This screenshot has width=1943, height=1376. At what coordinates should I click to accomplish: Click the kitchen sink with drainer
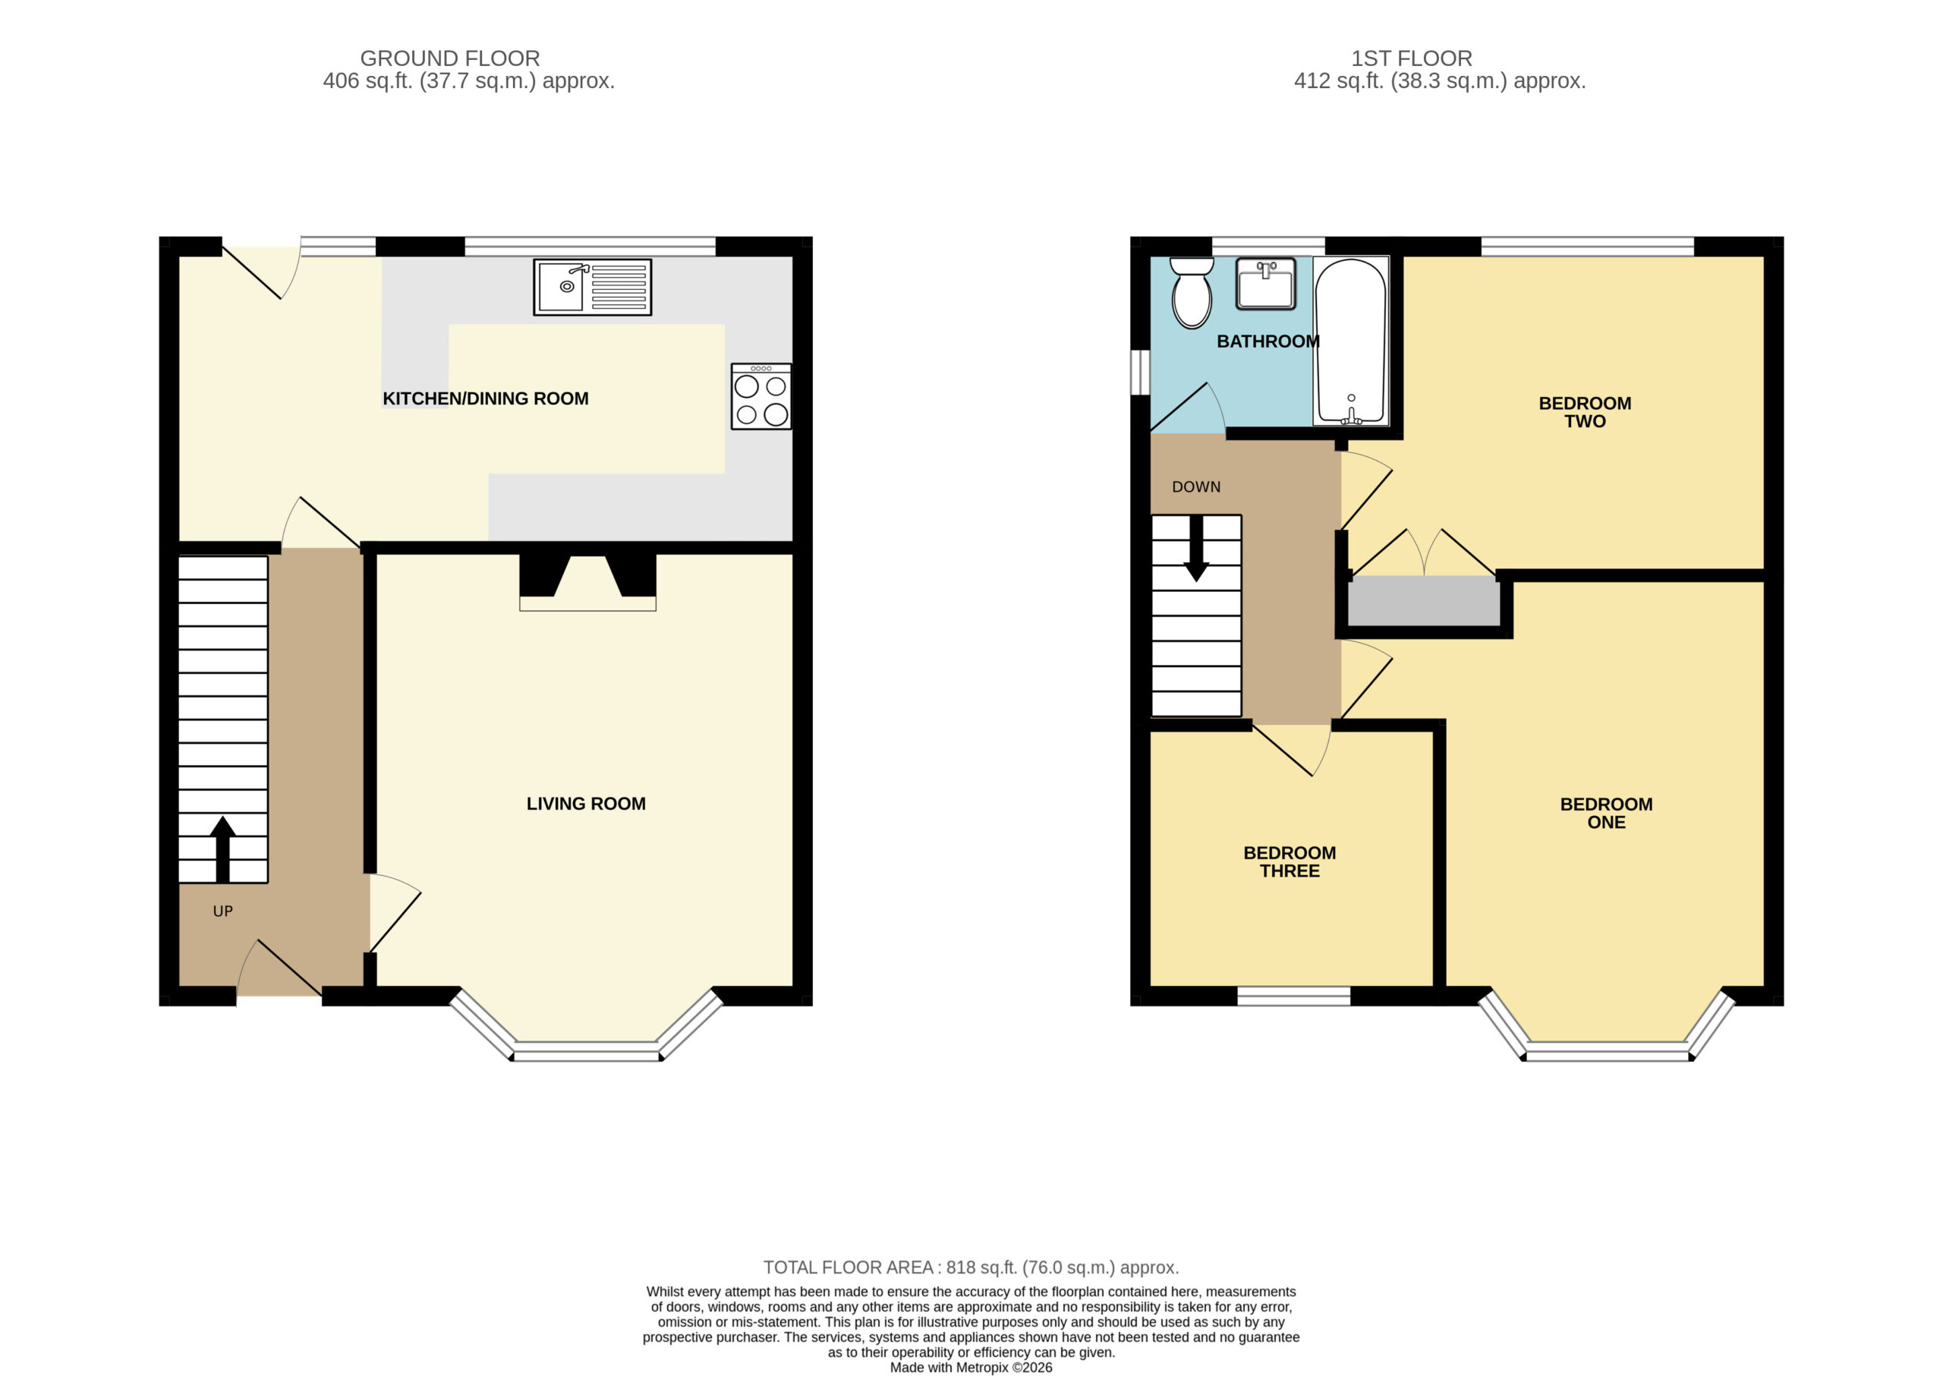pos(592,287)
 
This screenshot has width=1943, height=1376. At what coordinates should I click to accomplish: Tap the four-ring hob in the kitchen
pos(761,395)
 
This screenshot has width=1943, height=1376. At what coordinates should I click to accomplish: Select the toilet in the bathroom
pos(1192,292)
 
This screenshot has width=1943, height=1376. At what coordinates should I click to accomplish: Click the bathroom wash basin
pos(1265,284)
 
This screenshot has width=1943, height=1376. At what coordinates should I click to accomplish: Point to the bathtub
pos(1351,341)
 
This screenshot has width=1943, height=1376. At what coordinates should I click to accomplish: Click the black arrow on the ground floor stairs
pos(223,849)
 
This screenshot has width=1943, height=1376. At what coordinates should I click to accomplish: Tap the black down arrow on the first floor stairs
pos(1195,548)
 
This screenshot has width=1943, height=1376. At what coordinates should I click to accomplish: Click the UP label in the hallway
pos(223,911)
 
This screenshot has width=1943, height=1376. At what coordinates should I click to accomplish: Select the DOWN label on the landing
pos(1195,486)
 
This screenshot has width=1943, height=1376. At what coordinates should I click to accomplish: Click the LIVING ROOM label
pos(585,803)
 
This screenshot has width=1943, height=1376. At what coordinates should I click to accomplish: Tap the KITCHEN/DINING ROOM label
pos(486,398)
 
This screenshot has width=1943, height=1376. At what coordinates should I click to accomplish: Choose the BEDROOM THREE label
pos(1289,861)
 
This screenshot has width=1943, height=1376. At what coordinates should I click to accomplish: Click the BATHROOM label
pos(1268,342)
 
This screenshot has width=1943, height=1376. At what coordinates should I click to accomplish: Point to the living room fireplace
pos(587,582)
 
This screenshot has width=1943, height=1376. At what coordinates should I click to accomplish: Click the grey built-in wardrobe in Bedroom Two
pos(1424,602)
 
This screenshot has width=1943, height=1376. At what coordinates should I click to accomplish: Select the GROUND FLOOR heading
pos(450,58)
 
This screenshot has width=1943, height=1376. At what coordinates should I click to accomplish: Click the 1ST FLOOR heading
pos(1411,58)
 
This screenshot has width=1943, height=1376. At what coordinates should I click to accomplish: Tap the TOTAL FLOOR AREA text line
pos(971,1267)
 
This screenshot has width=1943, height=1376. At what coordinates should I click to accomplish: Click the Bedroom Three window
pos(1293,997)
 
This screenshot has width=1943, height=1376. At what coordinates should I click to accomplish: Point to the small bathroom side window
pos(1141,373)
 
